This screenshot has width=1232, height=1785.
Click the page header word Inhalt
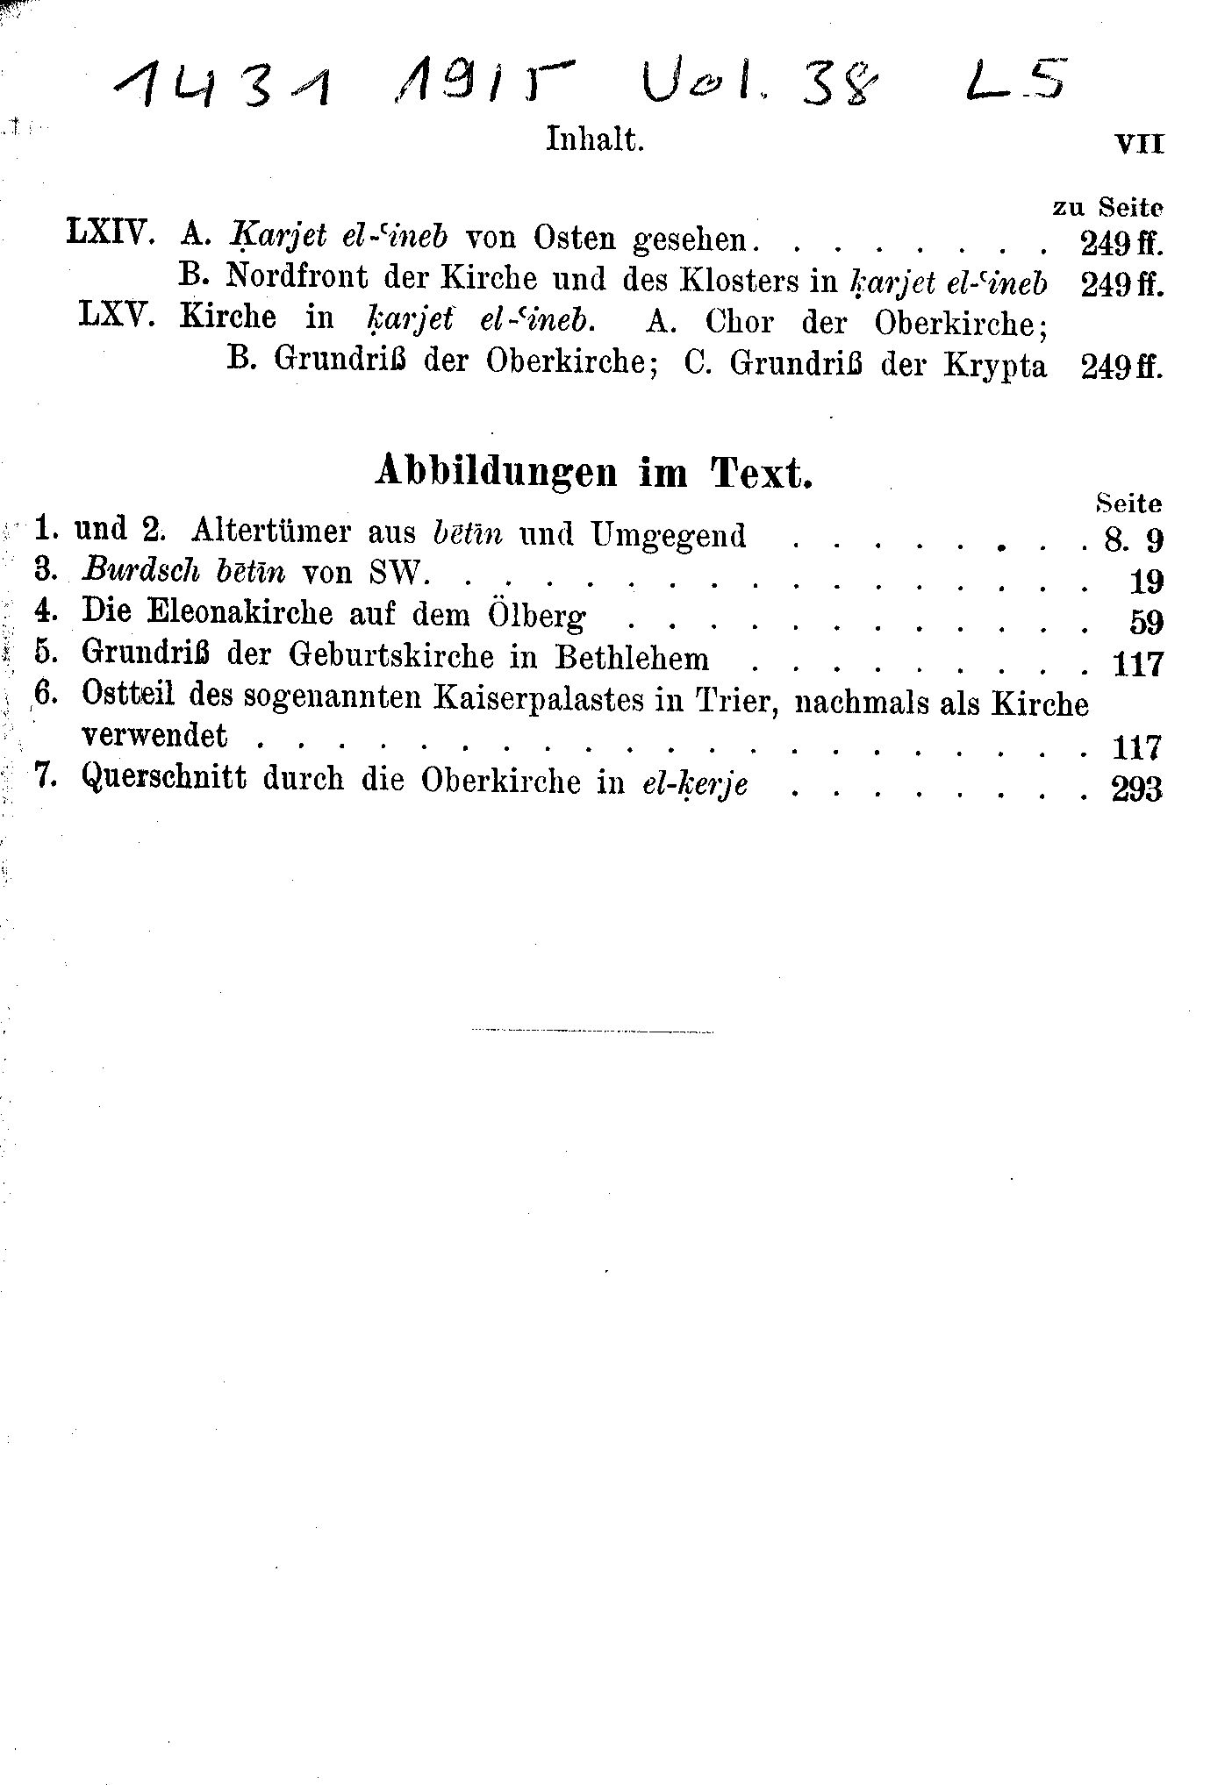(x=595, y=139)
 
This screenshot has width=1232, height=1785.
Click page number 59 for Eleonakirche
(x=1146, y=623)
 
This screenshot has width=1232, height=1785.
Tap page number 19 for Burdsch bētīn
(x=1146, y=582)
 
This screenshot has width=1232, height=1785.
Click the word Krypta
(x=996, y=366)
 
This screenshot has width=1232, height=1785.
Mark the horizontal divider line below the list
(x=593, y=1029)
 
